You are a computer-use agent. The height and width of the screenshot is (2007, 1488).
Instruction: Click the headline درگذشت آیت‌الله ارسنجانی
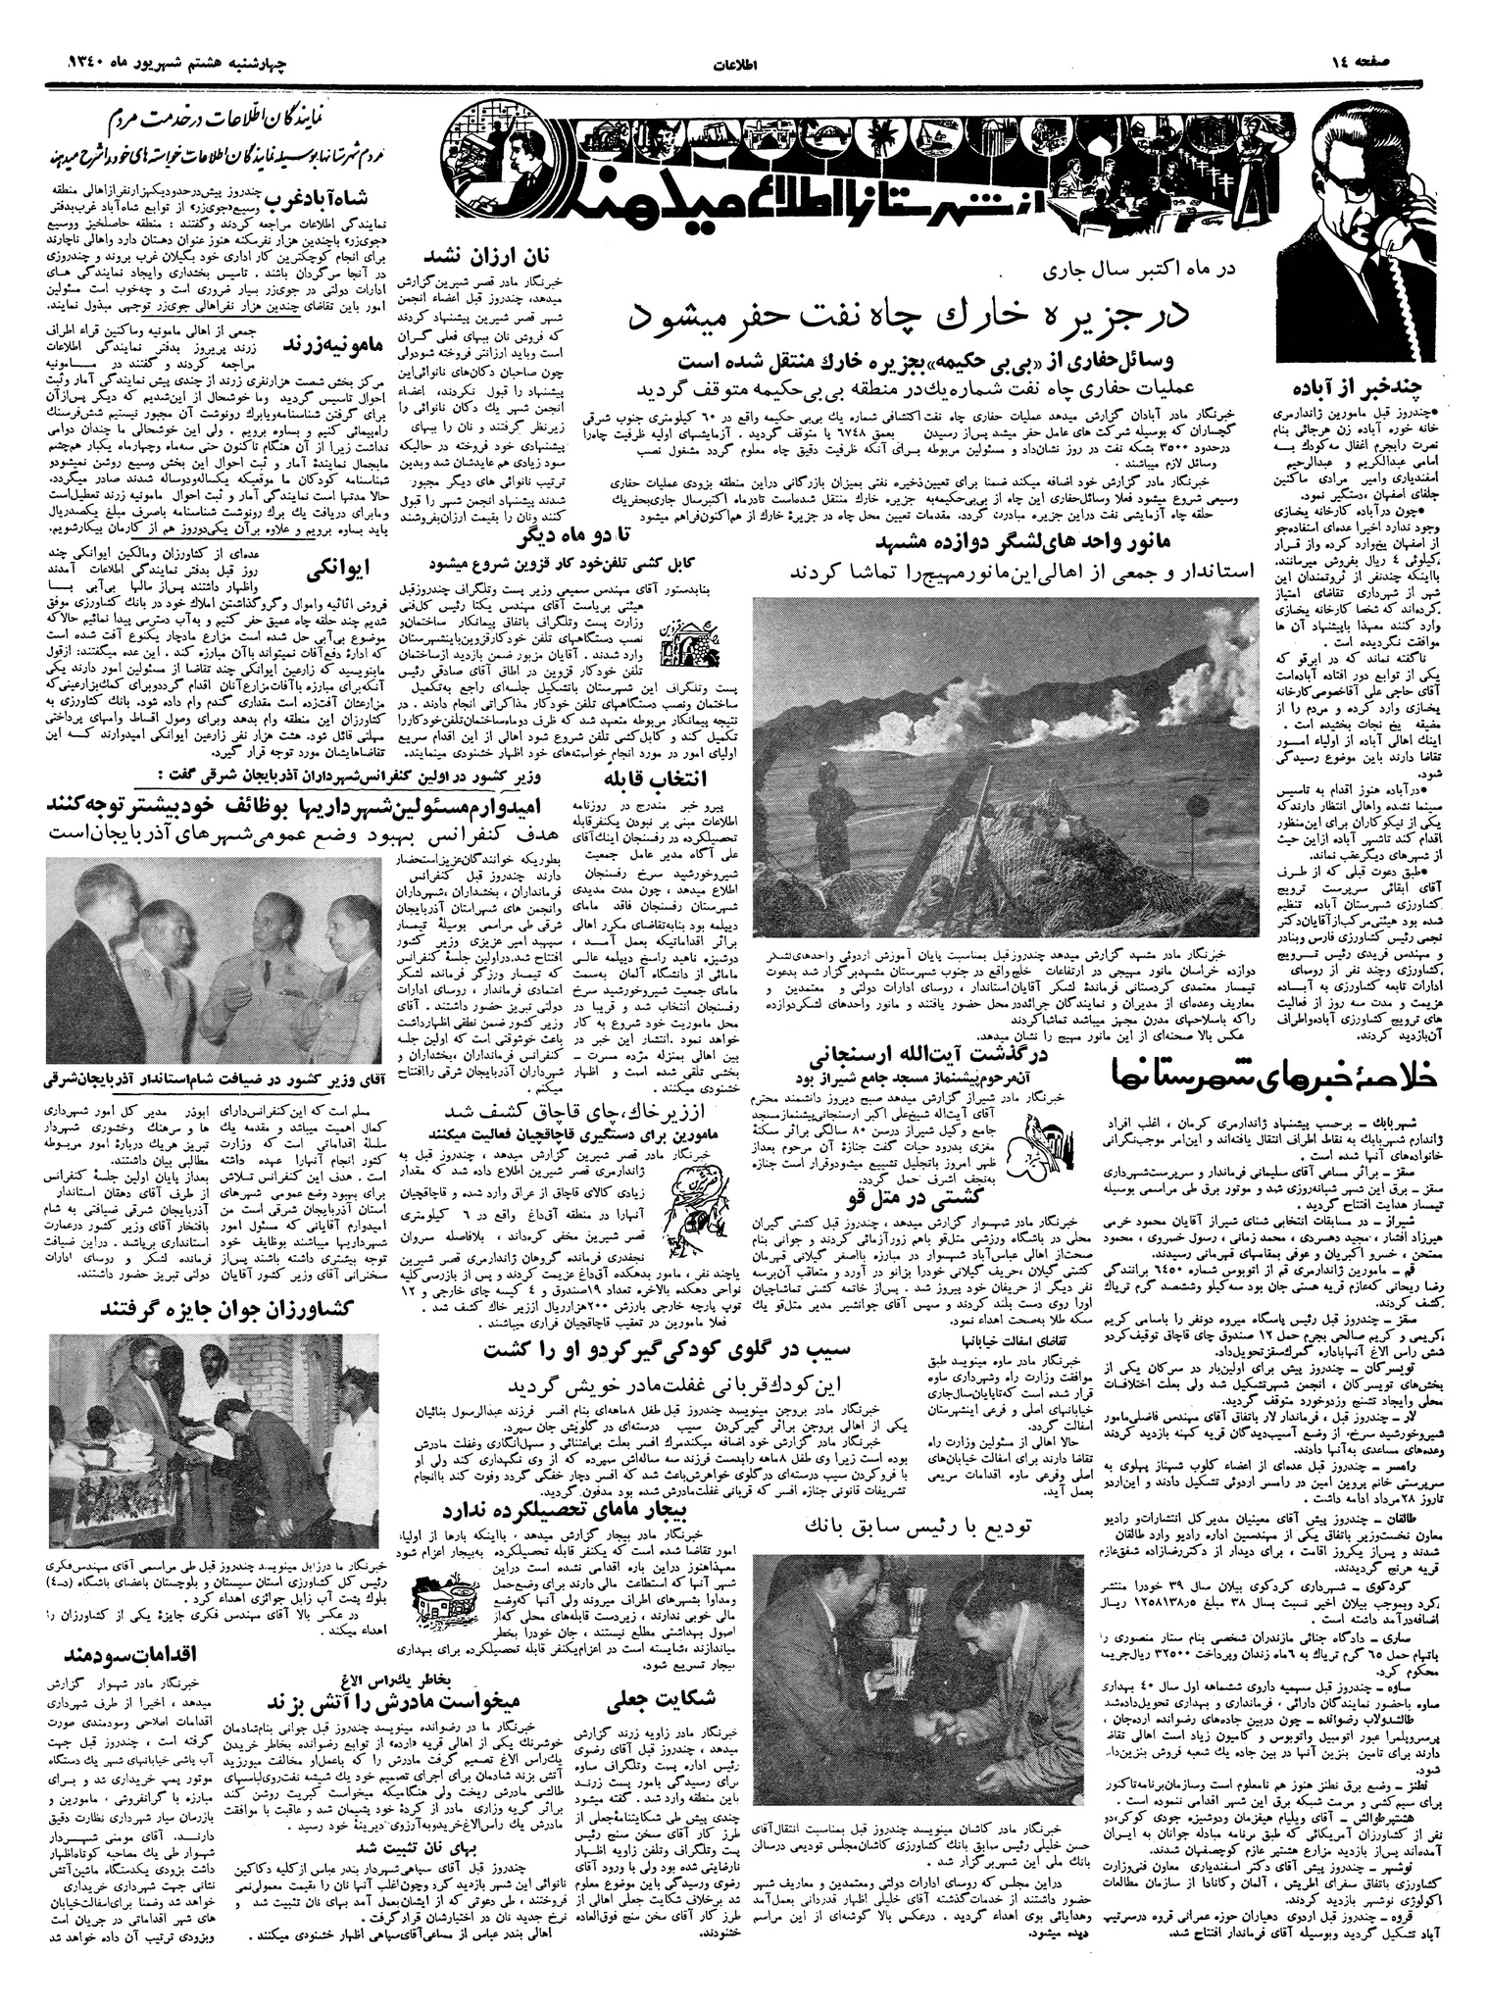893,1058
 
